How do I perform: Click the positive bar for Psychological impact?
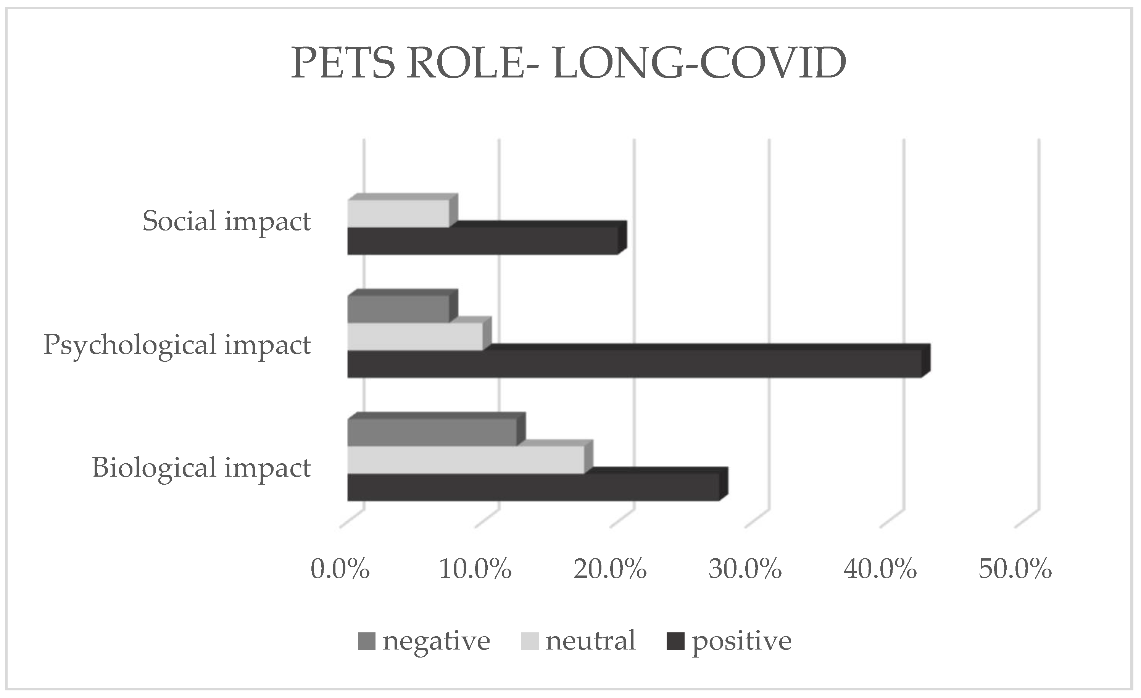tap(634, 364)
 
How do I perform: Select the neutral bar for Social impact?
tap(398, 214)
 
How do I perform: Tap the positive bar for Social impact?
tap(482, 240)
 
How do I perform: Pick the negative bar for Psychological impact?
tap(398, 309)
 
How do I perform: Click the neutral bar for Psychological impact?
tap(415, 336)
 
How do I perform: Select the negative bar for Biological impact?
tap(432, 432)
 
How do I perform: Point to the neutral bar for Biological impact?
tap(466, 460)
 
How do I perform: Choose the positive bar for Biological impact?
tap(533, 487)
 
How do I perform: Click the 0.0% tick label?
tap(340, 568)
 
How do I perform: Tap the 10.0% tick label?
tap(475, 568)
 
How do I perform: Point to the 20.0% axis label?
tap(610, 568)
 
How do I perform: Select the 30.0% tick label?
tap(745, 568)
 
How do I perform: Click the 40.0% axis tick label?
tap(880, 568)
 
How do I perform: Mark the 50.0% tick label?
tap(1015, 568)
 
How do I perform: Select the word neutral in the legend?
tap(590, 641)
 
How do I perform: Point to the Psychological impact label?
tap(177, 345)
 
